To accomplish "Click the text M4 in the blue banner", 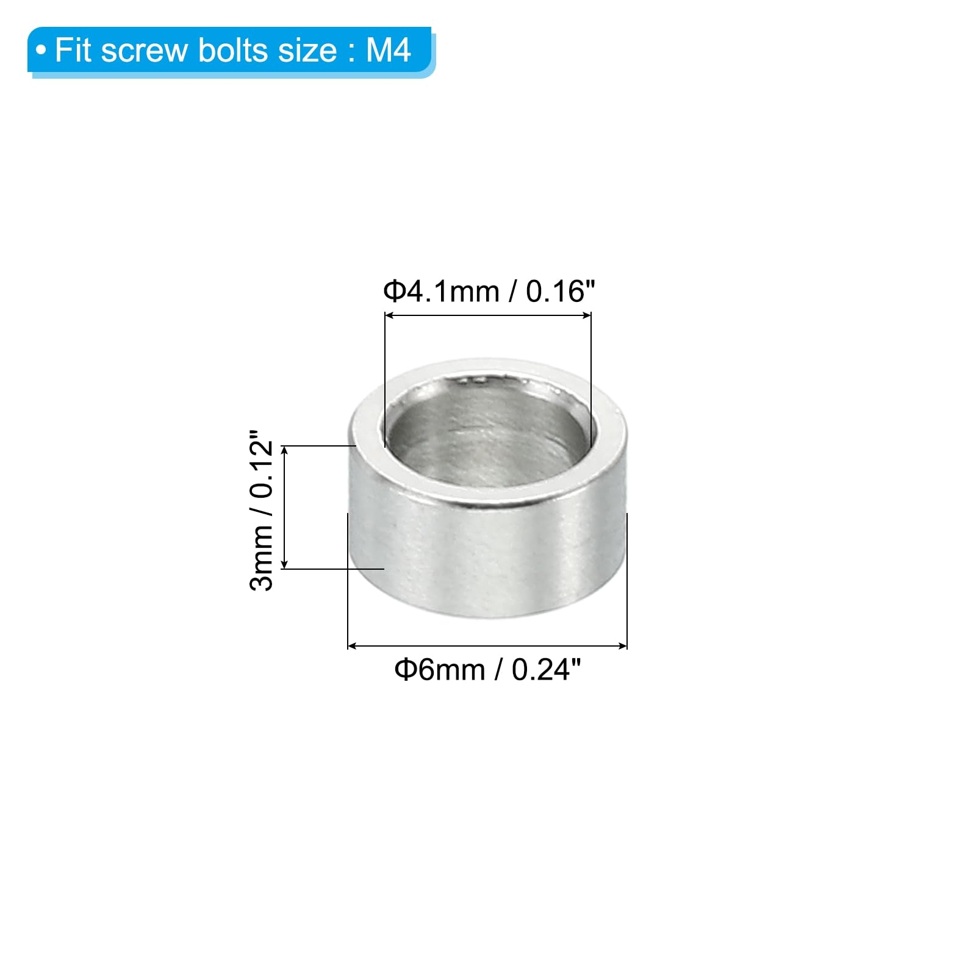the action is (x=388, y=50).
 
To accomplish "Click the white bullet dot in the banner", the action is (x=41, y=51).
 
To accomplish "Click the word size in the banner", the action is (x=307, y=50).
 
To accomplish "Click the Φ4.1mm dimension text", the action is (x=441, y=291).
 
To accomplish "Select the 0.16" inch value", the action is (x=560, y=291).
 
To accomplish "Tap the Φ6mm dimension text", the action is (x=439, y=669).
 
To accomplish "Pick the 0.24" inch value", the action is (x=546, y=669).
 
